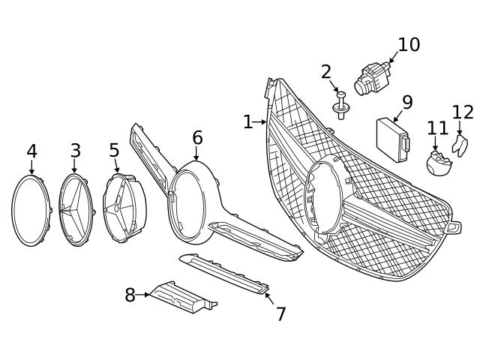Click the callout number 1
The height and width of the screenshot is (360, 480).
pos(247,121)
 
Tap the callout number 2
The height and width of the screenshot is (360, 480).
pos(326,72)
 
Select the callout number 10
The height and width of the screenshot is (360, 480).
pos(409,45)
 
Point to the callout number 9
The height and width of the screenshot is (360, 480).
pos(407,102)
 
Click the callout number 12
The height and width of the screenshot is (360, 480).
pos(463,112)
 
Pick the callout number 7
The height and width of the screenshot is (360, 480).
pos(280,314)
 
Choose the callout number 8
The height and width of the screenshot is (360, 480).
pos(130,295)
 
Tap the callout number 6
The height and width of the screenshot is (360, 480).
pos(197,138)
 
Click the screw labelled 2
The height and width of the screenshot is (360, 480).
pos(342,106)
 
